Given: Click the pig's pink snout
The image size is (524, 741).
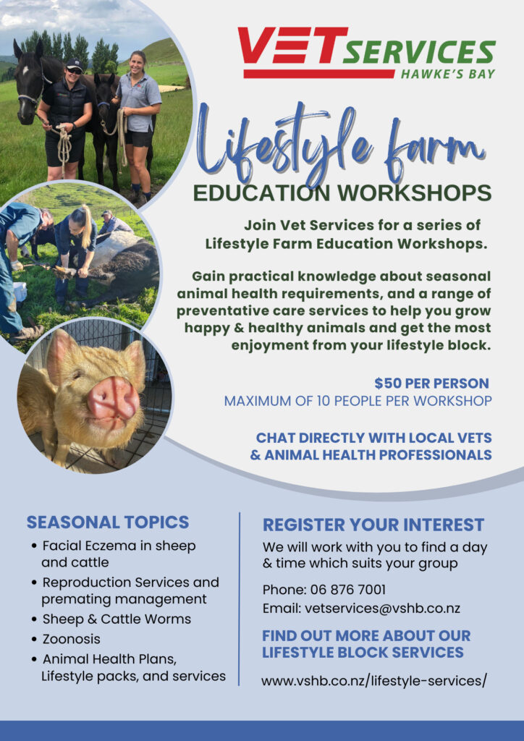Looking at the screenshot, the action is coord(114,398).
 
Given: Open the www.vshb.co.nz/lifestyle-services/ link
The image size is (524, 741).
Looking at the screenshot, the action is coord(373,681).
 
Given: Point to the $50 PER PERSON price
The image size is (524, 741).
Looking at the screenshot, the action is coord(431,383).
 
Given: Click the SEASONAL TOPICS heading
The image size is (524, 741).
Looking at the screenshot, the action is coord(108,522).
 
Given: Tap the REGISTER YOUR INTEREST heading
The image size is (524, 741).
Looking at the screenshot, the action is coord(373,525).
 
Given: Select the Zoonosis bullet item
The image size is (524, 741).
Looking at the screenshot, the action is coord(72,639).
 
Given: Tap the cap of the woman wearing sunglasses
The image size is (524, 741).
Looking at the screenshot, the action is coord(74,64).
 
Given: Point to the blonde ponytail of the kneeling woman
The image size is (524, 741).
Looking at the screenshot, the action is coord(87,224).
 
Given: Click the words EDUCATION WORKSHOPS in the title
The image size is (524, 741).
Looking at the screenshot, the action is coord(342,192).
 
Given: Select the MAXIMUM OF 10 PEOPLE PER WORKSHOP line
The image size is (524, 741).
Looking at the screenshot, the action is coord(358,401).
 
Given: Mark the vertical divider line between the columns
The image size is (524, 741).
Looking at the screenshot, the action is coord(240,598).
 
